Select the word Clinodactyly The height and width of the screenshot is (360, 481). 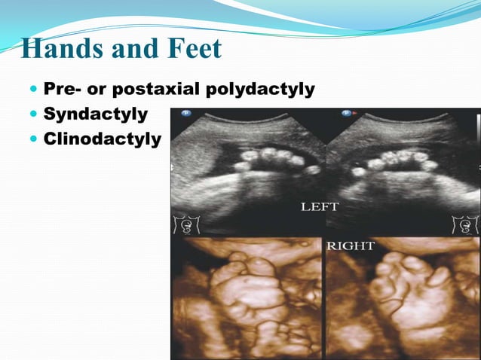102,139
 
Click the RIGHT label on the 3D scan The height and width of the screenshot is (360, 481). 351,246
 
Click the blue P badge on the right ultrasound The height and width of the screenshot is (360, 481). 346,114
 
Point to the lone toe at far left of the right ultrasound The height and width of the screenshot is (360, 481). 359,172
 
